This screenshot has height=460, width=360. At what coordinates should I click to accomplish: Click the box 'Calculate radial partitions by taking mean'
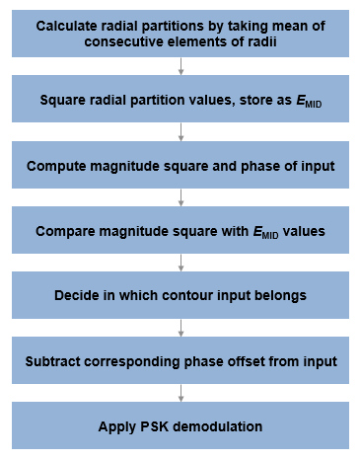pos(180,33)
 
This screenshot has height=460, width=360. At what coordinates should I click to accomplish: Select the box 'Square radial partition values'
pos(180,100)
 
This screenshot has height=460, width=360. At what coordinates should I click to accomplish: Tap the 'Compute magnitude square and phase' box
pos(180,165)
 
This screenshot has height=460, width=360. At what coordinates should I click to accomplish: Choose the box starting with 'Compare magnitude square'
pos(180,231)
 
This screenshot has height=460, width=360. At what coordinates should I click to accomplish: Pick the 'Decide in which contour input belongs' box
pos(180,296)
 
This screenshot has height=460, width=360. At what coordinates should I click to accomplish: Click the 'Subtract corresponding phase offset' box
pos(180,361)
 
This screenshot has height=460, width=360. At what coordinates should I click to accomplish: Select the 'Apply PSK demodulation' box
pos(180,426)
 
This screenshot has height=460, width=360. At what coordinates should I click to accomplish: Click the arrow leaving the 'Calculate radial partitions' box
pos(180,66)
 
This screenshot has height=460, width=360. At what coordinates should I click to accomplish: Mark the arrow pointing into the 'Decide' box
pos(180,264)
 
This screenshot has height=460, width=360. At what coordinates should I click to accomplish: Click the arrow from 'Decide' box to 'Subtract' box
pos(180,329)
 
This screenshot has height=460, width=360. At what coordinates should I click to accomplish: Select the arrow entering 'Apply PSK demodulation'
pos(180,394)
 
